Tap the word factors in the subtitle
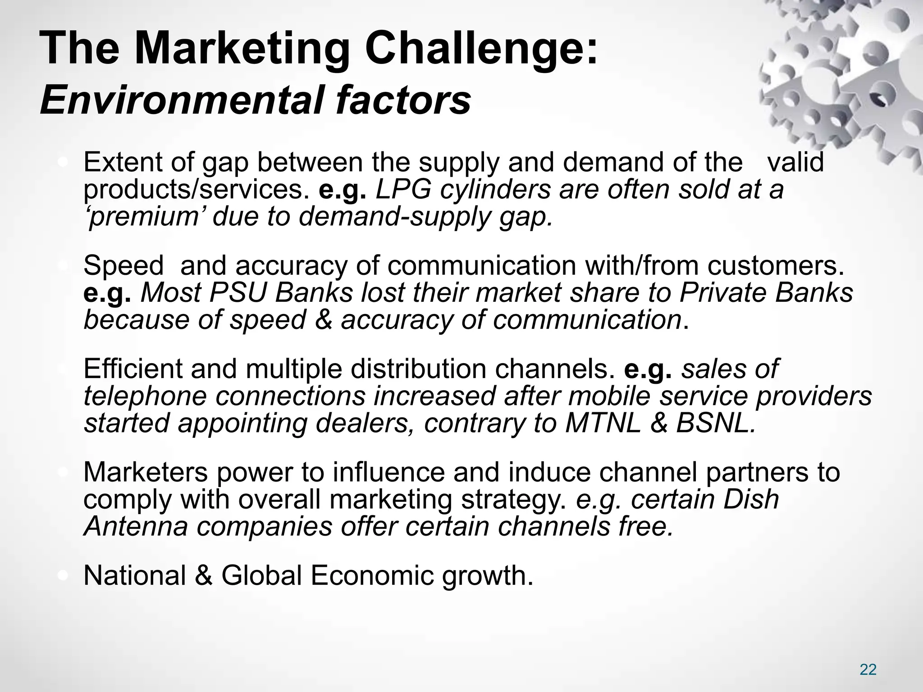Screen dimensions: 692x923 (402, 100)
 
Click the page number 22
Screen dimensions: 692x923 (868, 669)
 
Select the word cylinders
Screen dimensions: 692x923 (495, 190)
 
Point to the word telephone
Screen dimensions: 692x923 (145, 396)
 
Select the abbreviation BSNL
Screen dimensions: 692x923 (716, 423)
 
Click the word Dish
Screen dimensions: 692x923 (751, 500)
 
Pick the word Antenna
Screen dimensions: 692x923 (135, 527)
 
